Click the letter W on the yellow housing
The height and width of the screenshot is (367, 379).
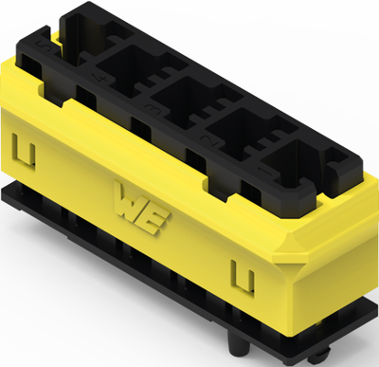point(127,201)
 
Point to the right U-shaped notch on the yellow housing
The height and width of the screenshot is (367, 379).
point(244,277)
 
